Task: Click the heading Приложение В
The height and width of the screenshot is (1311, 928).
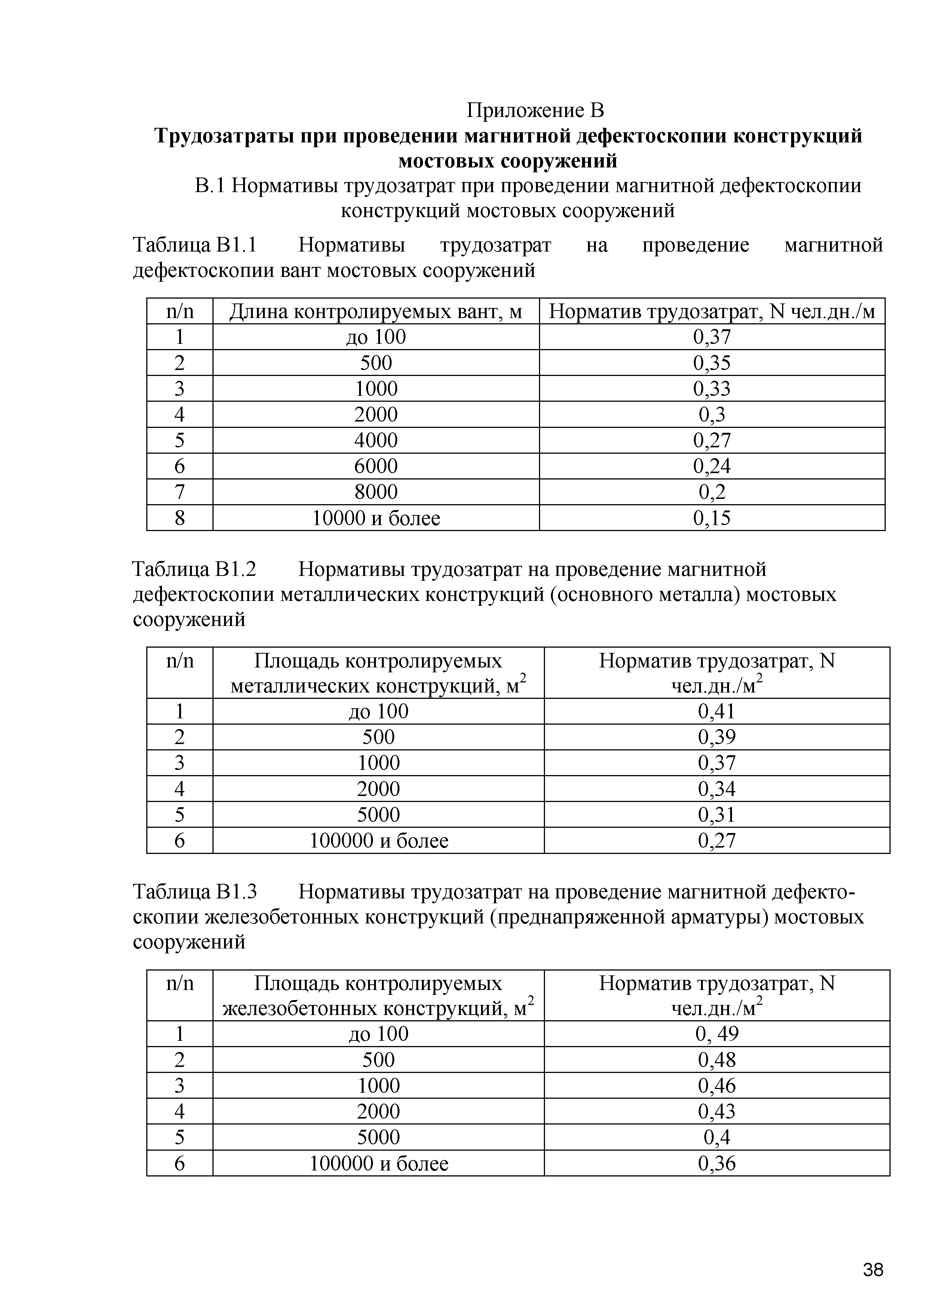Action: point(535,109)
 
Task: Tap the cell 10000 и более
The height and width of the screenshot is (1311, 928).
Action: point(376,518)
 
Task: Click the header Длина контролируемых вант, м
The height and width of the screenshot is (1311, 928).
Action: point(376,312)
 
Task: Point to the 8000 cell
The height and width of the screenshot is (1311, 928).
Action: point(376,492)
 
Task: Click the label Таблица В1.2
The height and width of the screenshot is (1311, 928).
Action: point(194,569)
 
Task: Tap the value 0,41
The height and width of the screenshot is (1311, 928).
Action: point(717,711)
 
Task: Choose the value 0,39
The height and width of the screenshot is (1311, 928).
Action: point(717,737)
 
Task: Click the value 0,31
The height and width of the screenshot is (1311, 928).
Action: point(717,814)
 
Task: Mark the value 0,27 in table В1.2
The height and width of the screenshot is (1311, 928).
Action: point(717,840)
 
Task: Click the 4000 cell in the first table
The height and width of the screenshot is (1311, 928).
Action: point(376,440)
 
